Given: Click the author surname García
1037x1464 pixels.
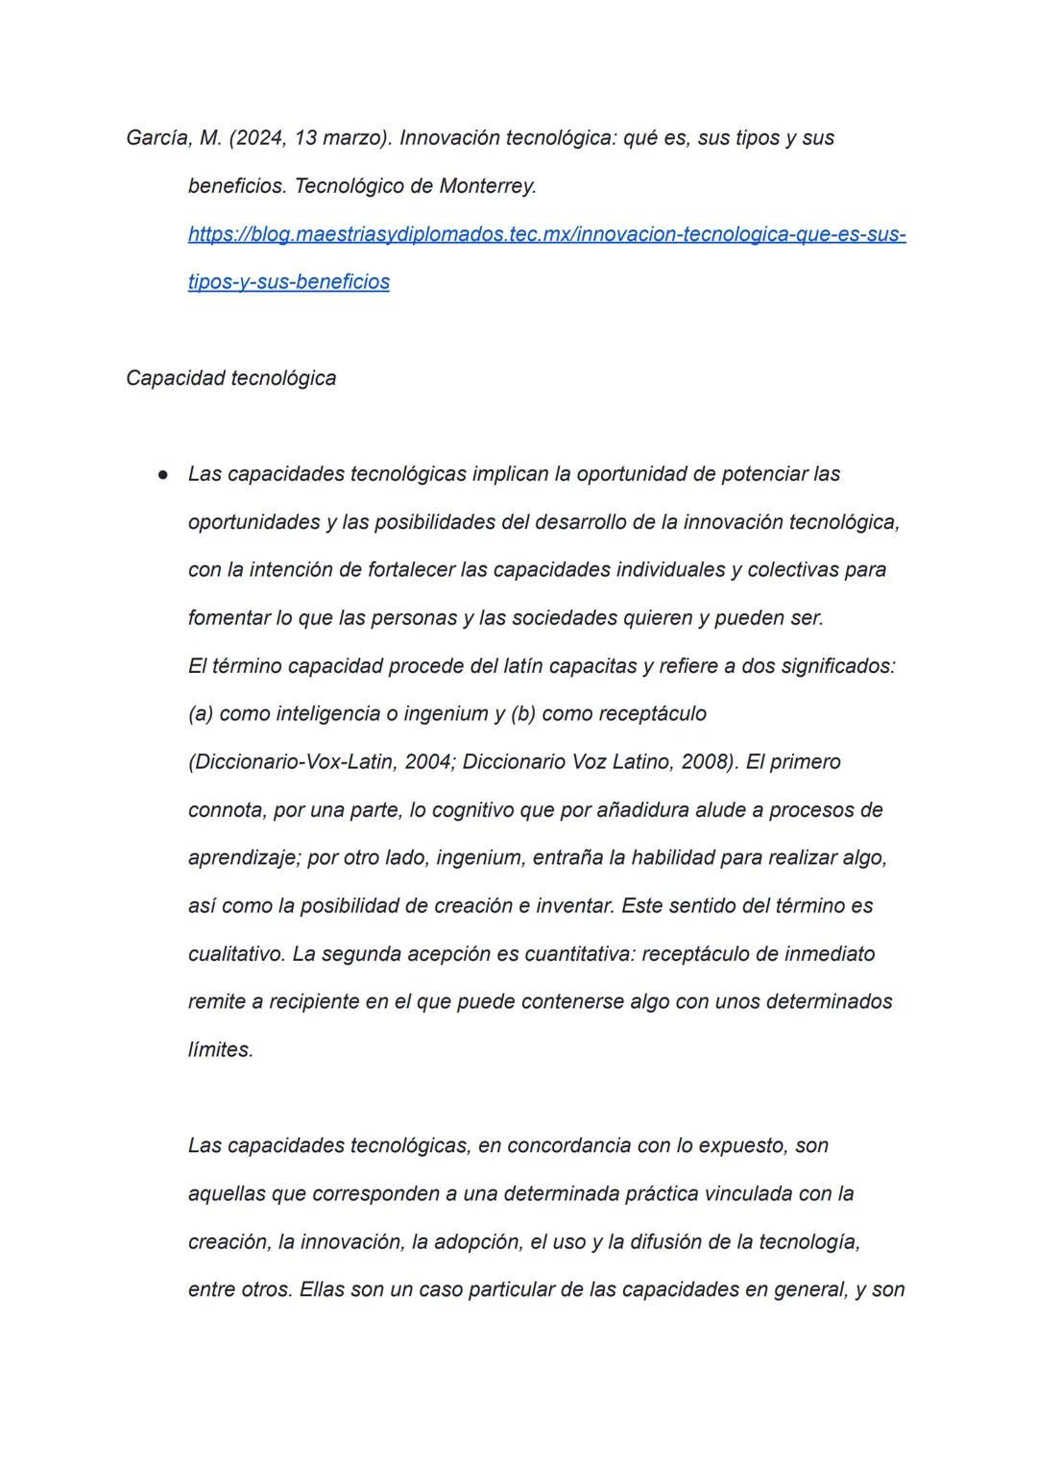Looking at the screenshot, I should click(158, 138).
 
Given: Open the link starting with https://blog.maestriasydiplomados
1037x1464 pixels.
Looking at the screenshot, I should click(546, 234).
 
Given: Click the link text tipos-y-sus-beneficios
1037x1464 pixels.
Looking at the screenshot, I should click(288, 282).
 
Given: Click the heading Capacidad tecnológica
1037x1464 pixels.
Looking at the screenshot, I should click(230, 378).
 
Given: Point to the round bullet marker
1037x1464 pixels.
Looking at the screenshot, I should click(164, 474).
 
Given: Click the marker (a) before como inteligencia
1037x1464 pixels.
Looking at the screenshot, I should click(201, 714).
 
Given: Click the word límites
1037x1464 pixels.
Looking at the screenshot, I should click(220, 1050).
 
